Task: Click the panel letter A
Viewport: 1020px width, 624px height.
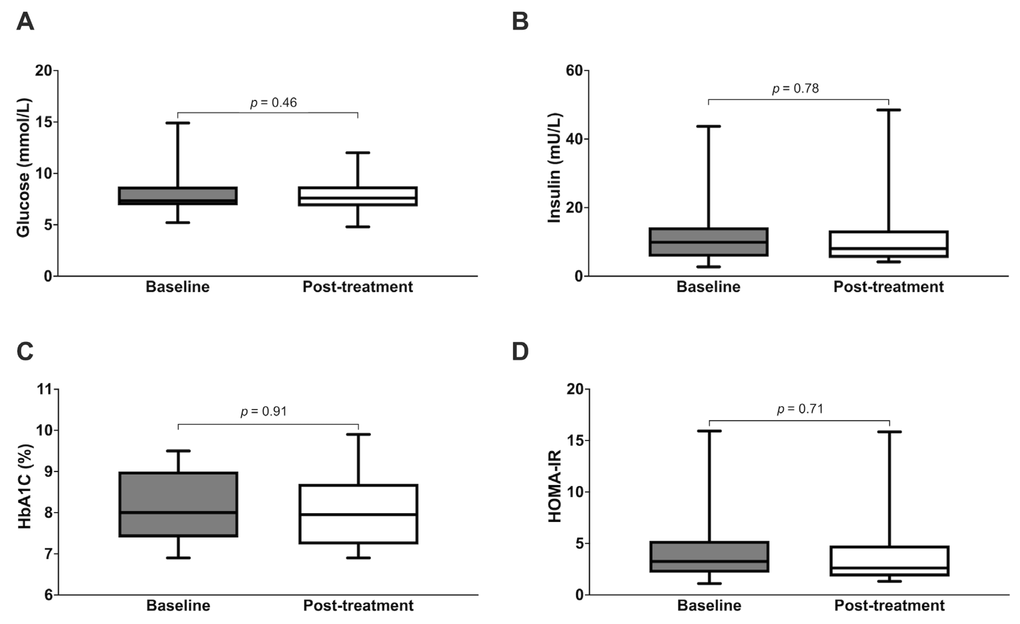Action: (25, 22)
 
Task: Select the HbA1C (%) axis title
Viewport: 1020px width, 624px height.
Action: (25, 487)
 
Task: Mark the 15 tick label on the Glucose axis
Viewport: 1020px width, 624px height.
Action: (44, 122)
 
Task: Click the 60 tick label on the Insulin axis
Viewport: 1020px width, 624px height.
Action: (574, 71)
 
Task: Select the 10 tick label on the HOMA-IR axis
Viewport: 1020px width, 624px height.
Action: (574, 492)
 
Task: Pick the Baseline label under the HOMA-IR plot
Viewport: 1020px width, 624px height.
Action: (709, 606)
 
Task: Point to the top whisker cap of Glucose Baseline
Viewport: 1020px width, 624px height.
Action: (178, 123)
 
